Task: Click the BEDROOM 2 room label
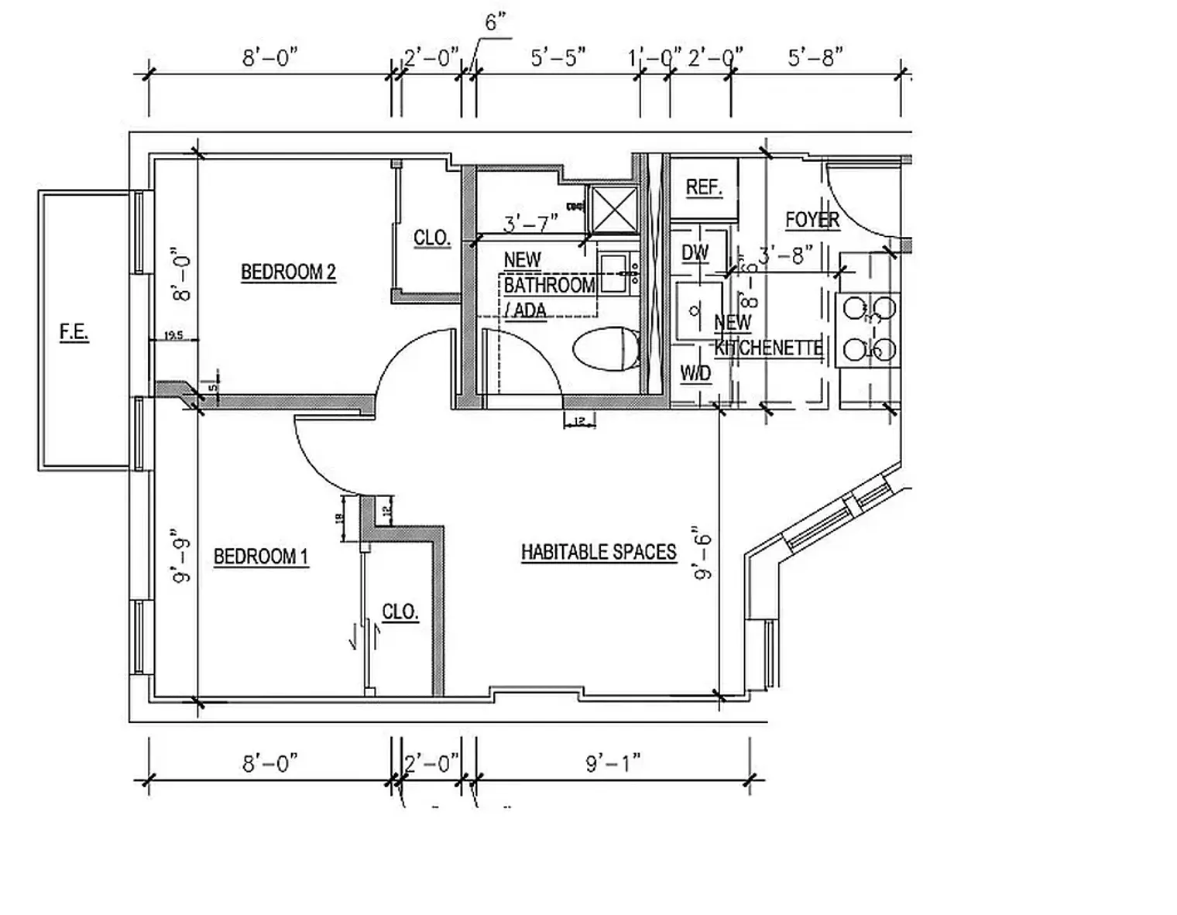(x=288, y=272)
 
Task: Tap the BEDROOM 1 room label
(x=260, y=557)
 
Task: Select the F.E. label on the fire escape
(x=74, y=332)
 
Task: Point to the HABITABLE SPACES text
(x=599, y=552)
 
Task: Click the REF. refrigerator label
(x=704, y=187)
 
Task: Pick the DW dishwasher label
(x=695, y=253)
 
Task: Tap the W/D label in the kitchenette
(x=695, y=374)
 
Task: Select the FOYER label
(x=812, y=220)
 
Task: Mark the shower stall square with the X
(x=614, y=209)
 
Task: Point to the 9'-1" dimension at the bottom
(x=613, y=763)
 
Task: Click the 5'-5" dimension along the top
(x=558, y=58)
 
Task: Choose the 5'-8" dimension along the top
(x=815, y=58)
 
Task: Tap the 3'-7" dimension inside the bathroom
(x=530, y=224)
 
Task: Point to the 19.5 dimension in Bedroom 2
(x=173, y=335)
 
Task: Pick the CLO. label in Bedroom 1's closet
(x=400, y=612)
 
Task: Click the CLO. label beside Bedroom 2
(x=431, y=238)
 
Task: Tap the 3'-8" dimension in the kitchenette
(x=786, y=255)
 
